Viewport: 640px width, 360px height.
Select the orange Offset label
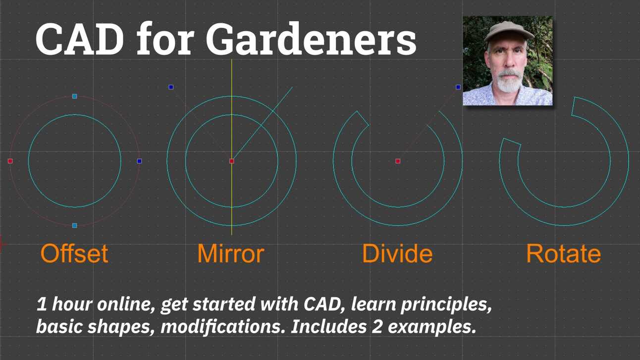(74, 254)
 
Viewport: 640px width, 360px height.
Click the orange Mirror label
(230, 254)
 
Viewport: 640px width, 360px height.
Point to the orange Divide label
(397, 254)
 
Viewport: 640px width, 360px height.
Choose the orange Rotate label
(563, 254)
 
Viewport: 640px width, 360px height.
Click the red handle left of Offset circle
(10, 161)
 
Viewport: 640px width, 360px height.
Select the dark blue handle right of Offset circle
(139, 161)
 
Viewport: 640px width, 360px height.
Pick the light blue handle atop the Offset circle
(75, 96)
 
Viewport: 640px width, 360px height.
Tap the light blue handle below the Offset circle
(75, 225)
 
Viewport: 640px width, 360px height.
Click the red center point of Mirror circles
(232, 161)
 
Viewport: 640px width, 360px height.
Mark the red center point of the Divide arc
(398, 161)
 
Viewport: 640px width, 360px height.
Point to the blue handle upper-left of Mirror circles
(171, 87)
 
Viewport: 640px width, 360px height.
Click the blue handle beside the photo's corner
(458, 87)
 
